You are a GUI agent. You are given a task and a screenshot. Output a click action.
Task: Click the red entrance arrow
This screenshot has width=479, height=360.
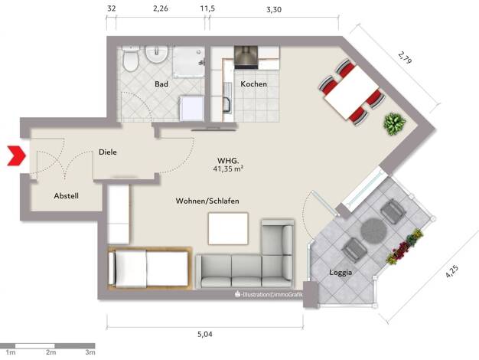tap(17, 156)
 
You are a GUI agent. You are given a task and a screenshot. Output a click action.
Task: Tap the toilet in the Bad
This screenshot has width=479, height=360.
tap(131, 58)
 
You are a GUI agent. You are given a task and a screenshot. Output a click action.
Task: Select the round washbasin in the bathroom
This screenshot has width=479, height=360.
tap(156, 54)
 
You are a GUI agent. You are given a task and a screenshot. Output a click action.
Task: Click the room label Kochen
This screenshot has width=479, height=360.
tap(253, 83)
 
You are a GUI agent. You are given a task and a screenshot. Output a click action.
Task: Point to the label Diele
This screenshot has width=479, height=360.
tap(108, 152)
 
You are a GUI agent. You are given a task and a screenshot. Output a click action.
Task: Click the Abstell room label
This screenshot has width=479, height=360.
tap(66, 196)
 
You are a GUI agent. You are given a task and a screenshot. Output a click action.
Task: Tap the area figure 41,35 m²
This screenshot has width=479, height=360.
tap(228, 169)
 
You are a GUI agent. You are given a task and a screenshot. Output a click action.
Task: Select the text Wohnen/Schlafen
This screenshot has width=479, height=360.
tap(207, 201)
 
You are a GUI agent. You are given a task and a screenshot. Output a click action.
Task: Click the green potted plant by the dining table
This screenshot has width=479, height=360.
tap(394, 123)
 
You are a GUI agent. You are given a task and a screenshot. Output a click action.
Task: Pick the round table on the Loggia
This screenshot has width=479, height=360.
tap(373, 231)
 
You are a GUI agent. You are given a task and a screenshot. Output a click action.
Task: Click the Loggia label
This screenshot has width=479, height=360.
tap(341, 272)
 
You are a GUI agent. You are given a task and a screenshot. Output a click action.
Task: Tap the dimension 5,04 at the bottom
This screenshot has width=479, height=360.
tap(204, 334)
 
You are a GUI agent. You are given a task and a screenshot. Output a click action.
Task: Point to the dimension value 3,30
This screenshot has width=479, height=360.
tap(274, 10)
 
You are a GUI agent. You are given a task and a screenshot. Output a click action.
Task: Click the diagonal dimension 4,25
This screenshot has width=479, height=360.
tap(451, 271)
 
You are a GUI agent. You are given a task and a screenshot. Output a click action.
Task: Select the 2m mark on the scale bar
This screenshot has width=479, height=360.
tap(51, 352)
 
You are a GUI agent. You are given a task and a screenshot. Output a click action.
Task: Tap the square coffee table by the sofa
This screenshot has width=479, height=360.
tap(228, 228)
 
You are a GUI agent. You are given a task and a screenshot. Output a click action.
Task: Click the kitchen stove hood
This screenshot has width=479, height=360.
tap(246, 57)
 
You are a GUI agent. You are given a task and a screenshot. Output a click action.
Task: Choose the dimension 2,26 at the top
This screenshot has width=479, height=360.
tap(161, 8)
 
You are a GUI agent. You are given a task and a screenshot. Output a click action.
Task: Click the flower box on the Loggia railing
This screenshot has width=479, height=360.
tap(405, 246)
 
